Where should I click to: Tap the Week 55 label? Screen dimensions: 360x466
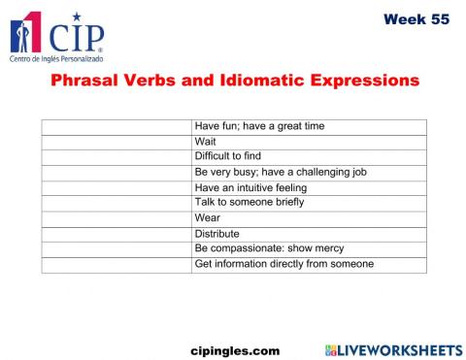[416, 19]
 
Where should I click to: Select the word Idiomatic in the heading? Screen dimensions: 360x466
[254, 81]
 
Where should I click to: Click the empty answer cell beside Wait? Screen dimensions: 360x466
[116, 142]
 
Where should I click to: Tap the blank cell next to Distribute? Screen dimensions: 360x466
[116, 234]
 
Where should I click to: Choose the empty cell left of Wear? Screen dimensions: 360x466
[116, 218]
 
